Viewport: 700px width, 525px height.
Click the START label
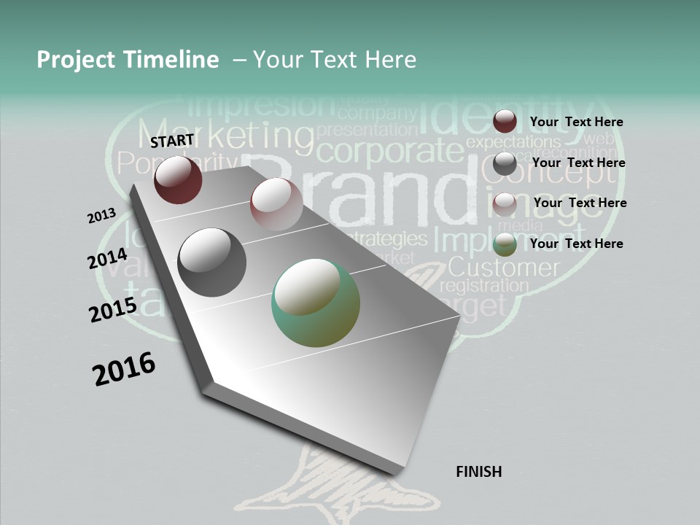click(172, 141)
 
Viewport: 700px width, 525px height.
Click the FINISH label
click(478, 472)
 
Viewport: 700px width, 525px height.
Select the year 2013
click(101, 216)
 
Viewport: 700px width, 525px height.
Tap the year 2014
click(107, 259)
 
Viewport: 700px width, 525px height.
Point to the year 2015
click(112, 310)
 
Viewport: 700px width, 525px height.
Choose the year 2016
click(124, 369)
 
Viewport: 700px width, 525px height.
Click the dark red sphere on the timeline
click(178, 179)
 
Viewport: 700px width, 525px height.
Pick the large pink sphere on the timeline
click(276, 203)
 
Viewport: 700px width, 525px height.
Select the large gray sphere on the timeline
click(211, 262)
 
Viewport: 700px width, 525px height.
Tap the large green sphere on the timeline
click(316, 302)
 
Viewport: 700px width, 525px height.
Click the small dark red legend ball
click(505, 121)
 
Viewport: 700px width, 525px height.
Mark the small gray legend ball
click(505, 163)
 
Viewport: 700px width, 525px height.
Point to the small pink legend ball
click(505, 204)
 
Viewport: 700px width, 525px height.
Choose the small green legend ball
click(505, 244)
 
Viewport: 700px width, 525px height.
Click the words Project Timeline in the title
click(128, 60)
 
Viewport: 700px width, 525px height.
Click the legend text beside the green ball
click(576, 244)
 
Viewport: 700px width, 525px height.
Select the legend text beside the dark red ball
click(576, 122)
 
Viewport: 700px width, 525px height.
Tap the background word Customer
click(503, 267)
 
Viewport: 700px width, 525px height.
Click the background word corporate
click(390, 152)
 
